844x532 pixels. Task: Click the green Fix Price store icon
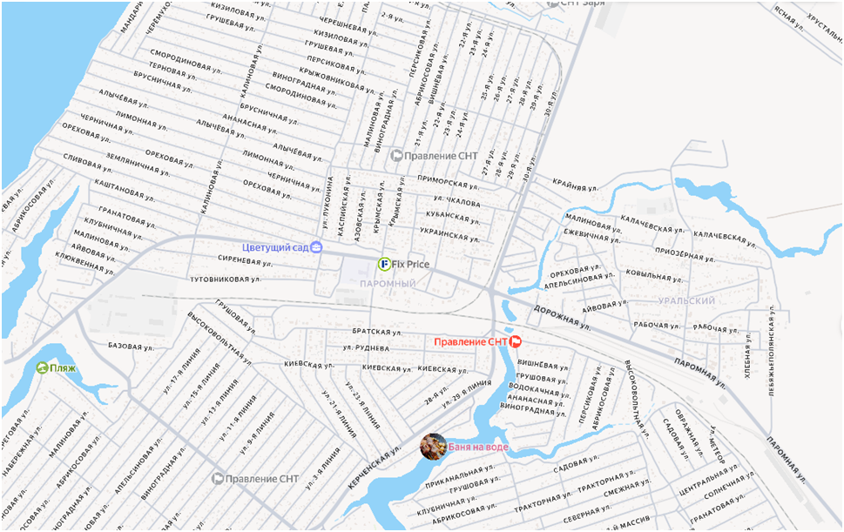384,264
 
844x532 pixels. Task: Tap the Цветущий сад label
276,247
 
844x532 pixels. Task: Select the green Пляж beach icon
42,367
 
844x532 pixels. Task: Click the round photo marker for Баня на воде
433,447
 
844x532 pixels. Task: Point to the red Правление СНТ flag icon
515,341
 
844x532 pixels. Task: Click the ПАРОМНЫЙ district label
388,285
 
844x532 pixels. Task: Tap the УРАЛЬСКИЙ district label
688,300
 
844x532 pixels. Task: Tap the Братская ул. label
376,332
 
